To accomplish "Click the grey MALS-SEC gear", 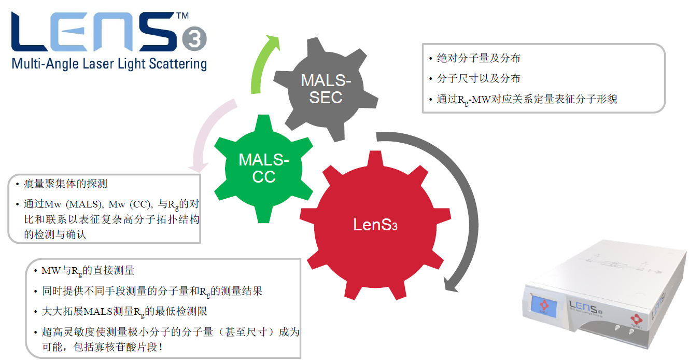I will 326,89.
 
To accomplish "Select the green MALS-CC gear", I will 263,167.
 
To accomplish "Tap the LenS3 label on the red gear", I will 375,225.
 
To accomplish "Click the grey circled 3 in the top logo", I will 195,39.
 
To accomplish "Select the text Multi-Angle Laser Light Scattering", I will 109,64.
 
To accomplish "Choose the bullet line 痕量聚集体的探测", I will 65,184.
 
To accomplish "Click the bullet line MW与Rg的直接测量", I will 88,270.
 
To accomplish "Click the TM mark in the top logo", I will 182,16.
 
